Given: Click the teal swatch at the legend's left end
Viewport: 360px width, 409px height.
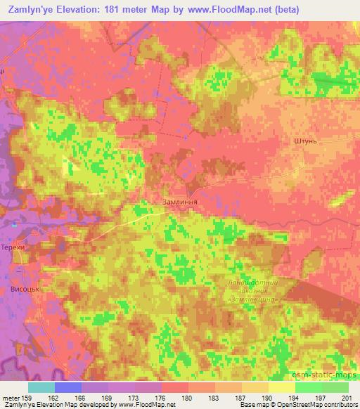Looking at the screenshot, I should coord(41,387).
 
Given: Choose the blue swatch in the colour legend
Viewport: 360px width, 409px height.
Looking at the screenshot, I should coord(68,387).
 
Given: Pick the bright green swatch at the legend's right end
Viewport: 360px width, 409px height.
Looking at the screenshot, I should coord(335,387).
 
